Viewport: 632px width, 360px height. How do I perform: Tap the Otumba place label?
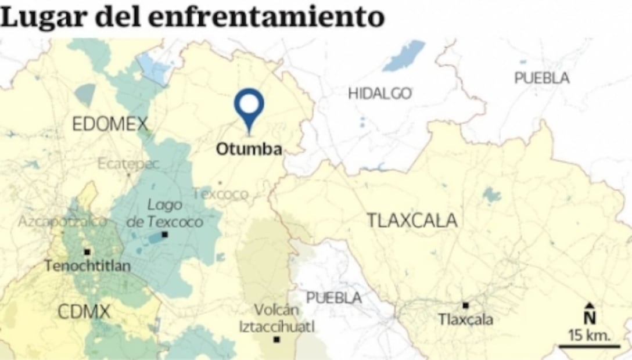(x=249, y=149)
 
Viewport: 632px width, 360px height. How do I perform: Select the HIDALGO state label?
(x=380, y=93)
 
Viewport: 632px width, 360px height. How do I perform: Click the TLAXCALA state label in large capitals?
(x=412, y=221)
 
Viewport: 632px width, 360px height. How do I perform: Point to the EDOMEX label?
(x=110, y=124)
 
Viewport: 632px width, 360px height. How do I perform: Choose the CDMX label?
(x=84, y=312)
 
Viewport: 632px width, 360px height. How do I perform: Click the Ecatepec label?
(x=128, y=164)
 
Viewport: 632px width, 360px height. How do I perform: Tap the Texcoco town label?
(x=220, y=194)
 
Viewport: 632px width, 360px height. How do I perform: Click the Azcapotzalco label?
(x=62, y=221)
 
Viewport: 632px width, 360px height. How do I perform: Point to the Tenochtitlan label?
(x=88, y=267)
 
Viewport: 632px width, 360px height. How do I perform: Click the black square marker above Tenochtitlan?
(x=87, y=252)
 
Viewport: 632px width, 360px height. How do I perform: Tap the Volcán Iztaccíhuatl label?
(x=277, y=319)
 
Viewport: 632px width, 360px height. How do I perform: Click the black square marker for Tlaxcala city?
(x=465, y=305)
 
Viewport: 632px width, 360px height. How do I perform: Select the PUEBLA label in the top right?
(x=541, y=78)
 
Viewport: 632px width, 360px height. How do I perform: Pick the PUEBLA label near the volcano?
(x=333, y=298)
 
